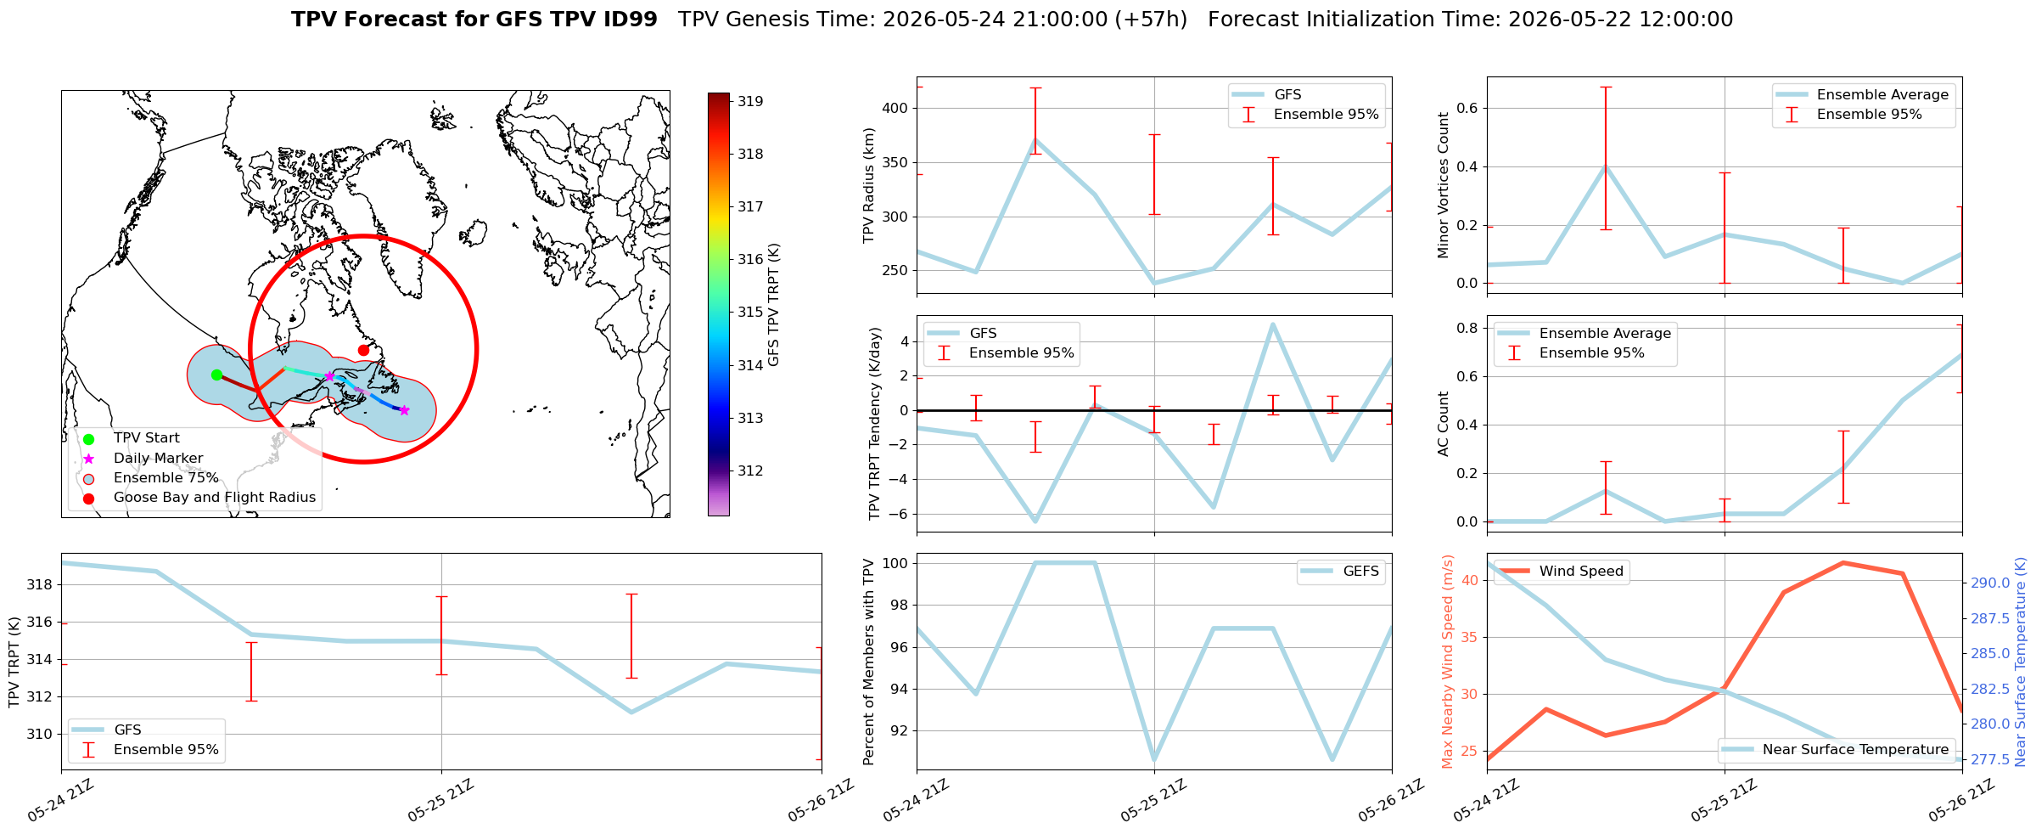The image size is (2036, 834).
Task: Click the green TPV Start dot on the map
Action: pos(216,375)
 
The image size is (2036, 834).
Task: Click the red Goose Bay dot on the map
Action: pos(363,350)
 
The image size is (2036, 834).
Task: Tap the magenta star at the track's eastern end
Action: pos(404,410)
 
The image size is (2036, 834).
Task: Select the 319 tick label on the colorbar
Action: pos(750,101)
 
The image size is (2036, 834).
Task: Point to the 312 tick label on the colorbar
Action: pos(750,471)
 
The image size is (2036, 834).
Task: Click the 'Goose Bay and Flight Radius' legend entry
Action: pos(215,498)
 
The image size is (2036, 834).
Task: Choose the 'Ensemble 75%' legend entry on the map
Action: pos(166,478)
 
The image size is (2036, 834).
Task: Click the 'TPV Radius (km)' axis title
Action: pos(869,185)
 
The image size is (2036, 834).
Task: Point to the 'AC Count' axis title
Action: pos(1443,424)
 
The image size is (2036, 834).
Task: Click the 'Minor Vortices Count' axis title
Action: pos(1443,184)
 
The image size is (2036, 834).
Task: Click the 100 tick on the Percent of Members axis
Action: pos(896,563)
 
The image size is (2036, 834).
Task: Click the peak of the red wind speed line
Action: pos(1842,562)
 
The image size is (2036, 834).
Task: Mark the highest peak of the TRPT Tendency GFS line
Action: pos(1272,324)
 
